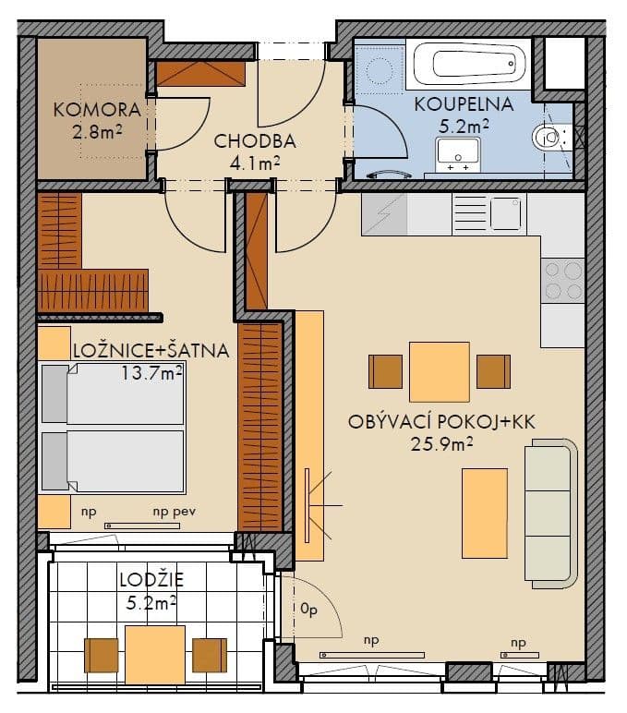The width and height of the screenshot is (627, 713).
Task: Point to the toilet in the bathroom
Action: (551, 139)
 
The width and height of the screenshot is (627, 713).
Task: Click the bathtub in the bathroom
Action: (469, 66)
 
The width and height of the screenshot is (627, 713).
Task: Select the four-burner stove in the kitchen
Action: (562, 281)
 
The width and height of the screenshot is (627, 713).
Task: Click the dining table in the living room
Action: (440, 371)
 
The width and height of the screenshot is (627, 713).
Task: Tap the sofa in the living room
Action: (551, 513)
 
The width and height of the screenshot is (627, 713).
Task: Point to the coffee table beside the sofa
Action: (485, 513)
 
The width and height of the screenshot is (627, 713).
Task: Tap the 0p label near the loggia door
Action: (308, 609)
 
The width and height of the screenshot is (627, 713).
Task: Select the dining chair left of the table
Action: (385, 371)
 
